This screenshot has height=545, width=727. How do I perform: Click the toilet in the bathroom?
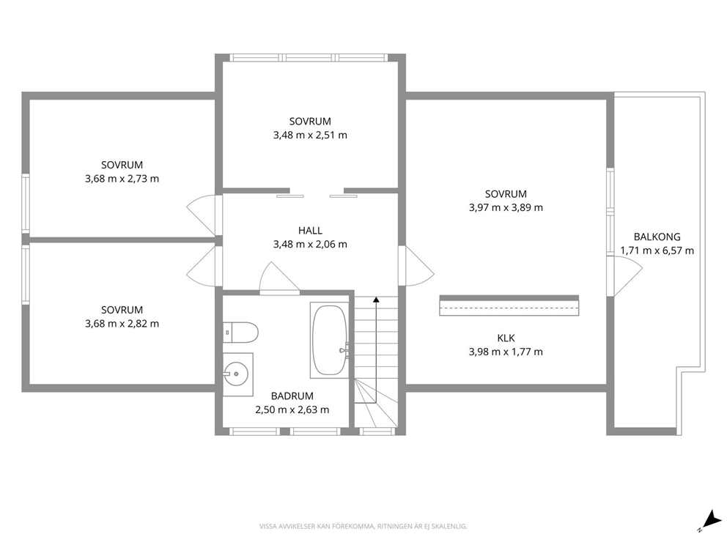[x=240, y=333]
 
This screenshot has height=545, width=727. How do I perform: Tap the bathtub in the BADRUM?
[x=330, y=340]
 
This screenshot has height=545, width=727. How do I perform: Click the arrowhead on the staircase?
[x=376, y=300]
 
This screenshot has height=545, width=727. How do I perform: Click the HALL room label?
[x=310, y=230]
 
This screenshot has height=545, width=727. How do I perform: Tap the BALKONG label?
[x=657, y=237]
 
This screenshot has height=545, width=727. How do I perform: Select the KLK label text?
[x=506, y=338]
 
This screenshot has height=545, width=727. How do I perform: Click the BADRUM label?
[x=292, y=396]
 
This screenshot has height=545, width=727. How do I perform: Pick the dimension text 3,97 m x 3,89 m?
[x=506, y=207]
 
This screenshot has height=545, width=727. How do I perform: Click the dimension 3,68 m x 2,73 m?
[x=122, y=179]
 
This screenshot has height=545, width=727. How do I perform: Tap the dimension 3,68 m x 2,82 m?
[x=122, y=324]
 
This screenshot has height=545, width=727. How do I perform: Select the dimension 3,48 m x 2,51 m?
[x=310, y=135]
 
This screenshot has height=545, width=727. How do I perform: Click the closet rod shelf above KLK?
[x=509, y=306]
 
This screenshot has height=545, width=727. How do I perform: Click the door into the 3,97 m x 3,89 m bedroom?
[x=416, y=266]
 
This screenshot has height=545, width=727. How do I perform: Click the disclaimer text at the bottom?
[x=363, y=526]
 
